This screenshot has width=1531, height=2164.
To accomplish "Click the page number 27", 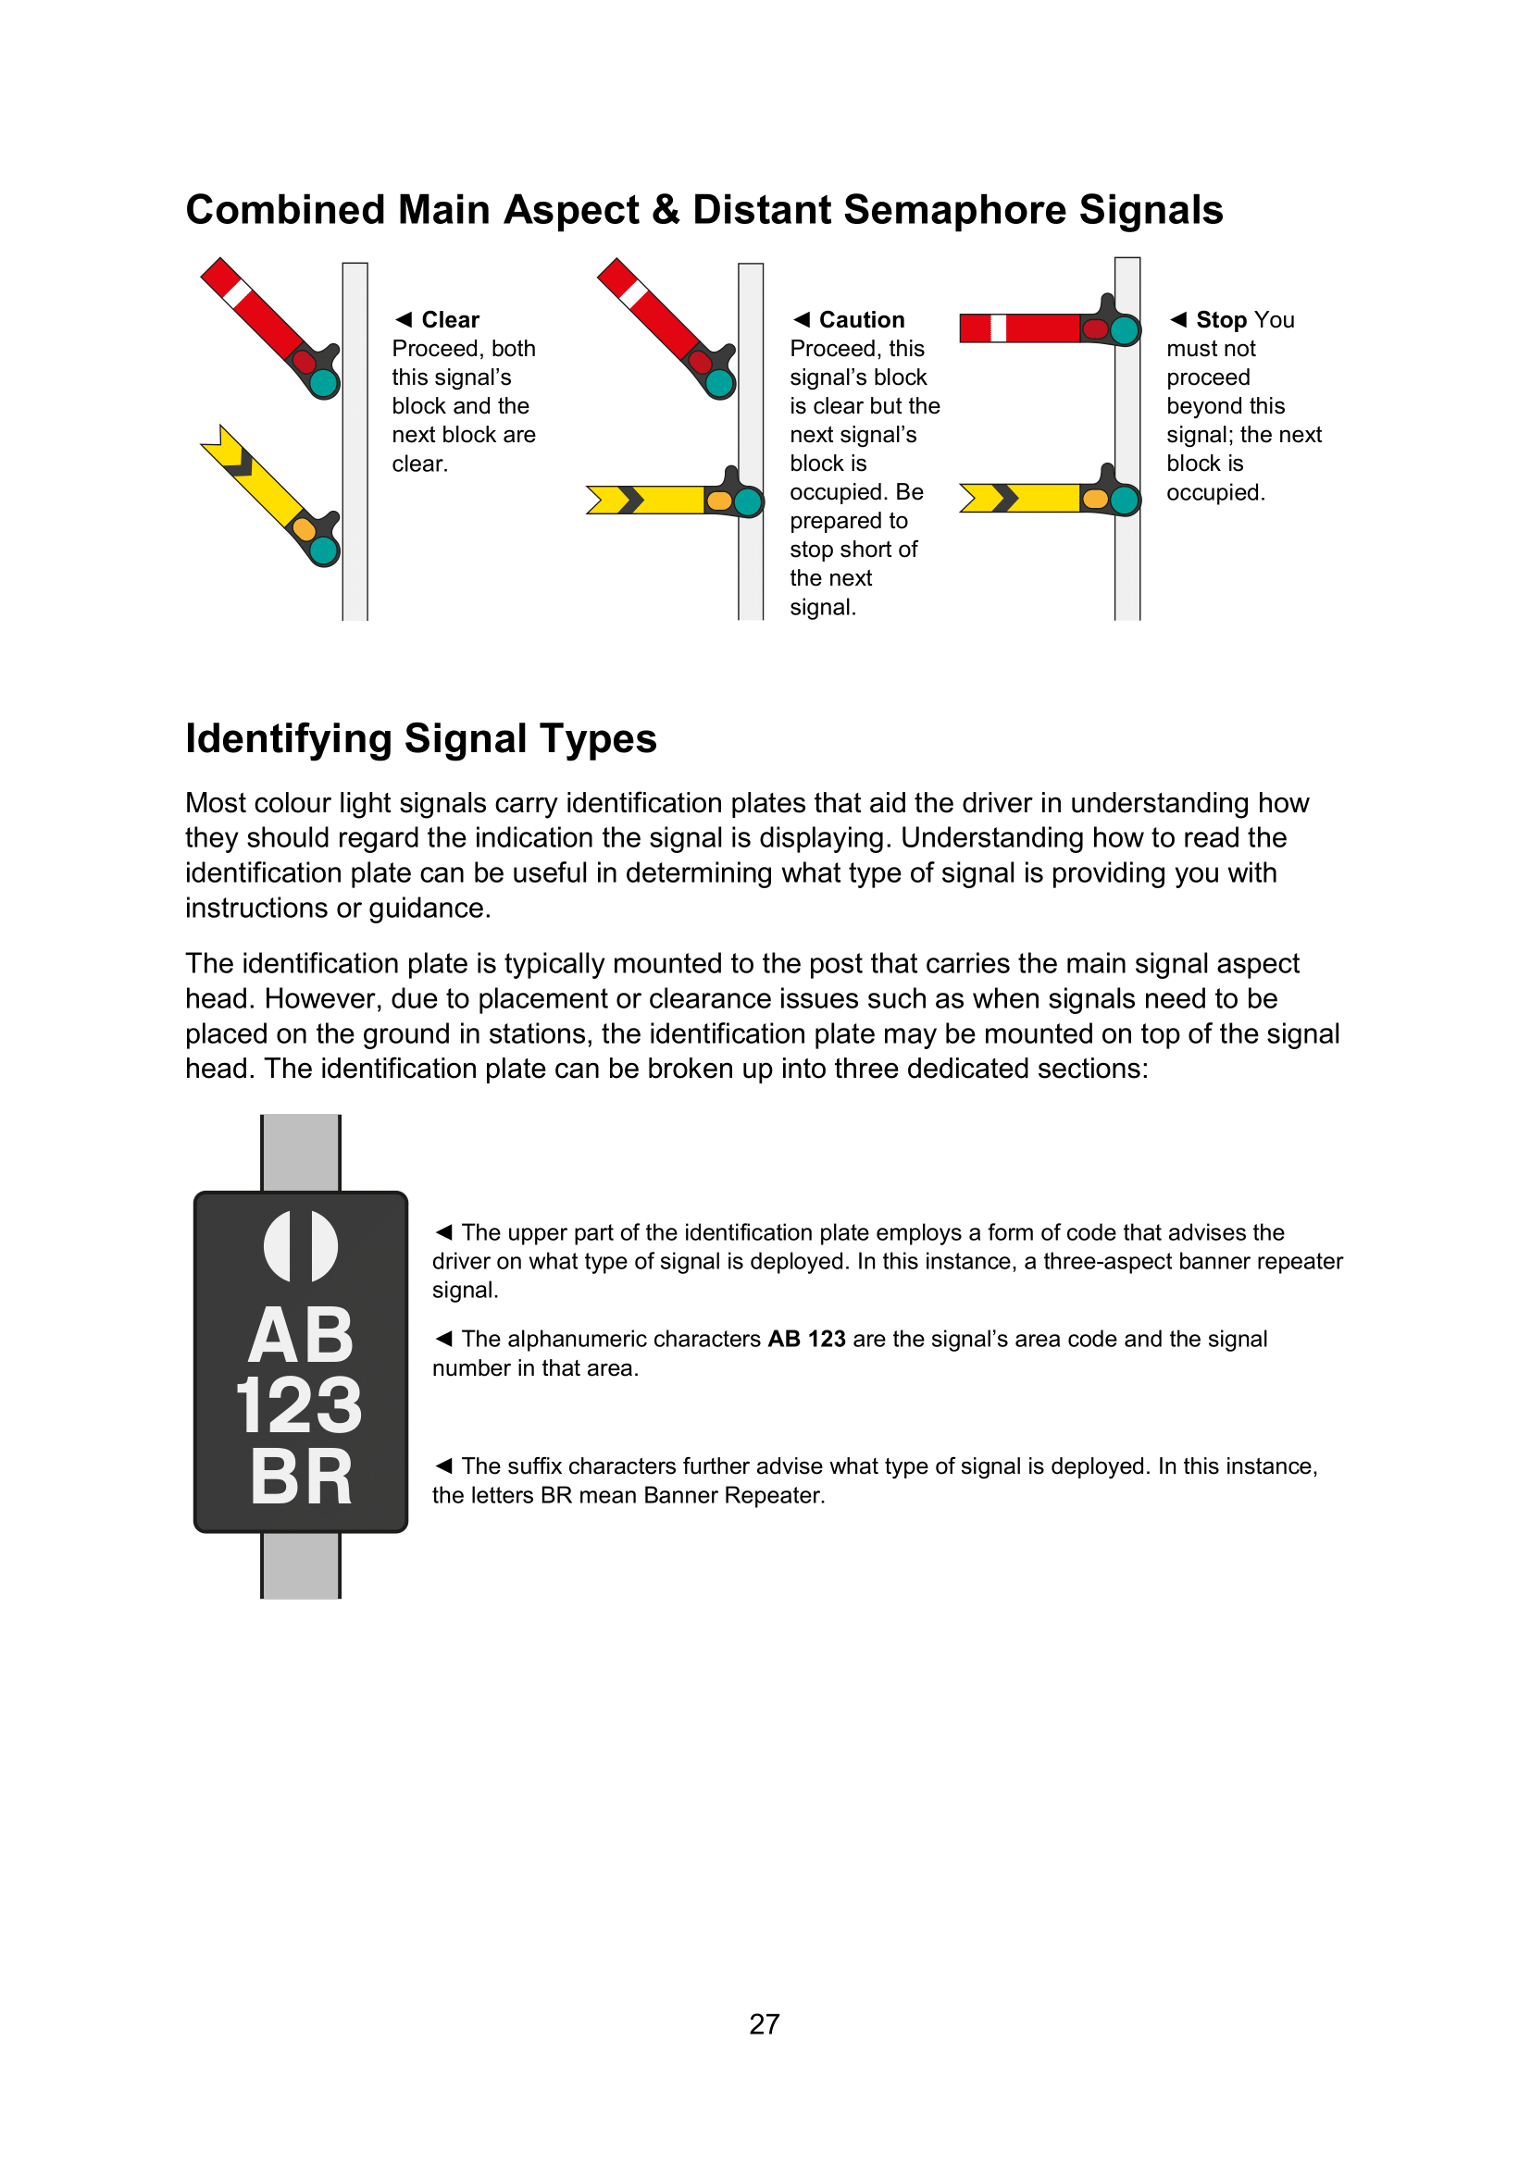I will pos(764,2024).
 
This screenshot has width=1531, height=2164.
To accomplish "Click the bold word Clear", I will pos(450,319).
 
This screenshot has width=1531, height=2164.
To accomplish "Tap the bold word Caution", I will pos(861,319).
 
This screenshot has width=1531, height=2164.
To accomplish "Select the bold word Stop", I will pos(1221,319).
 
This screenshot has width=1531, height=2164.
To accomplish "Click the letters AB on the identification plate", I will pos(301,1336).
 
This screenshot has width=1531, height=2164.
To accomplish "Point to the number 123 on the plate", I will pos(299,1405).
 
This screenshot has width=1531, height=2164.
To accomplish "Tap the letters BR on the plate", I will pos(301,1477).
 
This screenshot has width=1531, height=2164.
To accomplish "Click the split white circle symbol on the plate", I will pos(301,1246).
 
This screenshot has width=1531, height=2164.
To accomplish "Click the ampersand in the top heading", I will pos(666,210).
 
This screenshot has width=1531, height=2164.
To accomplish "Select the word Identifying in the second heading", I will pos(288,739).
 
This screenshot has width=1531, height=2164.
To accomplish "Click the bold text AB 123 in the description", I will pos(806,1340).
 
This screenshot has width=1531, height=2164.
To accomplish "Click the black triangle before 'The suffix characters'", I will pos(444,1465).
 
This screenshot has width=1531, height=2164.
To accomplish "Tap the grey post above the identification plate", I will pos(301,1153).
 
